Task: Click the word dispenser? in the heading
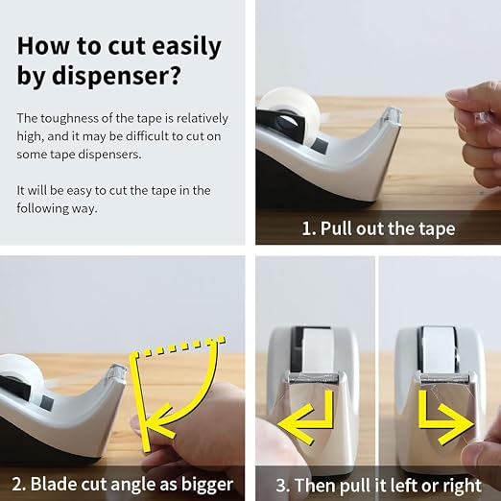[x=116, y=76]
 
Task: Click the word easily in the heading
[x=186, y=46]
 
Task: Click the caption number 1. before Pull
[x=309, y=228]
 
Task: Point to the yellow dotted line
[x=180, y=346]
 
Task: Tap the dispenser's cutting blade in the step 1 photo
[x=392, y=114]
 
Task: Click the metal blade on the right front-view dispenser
[x=444, y=378]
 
